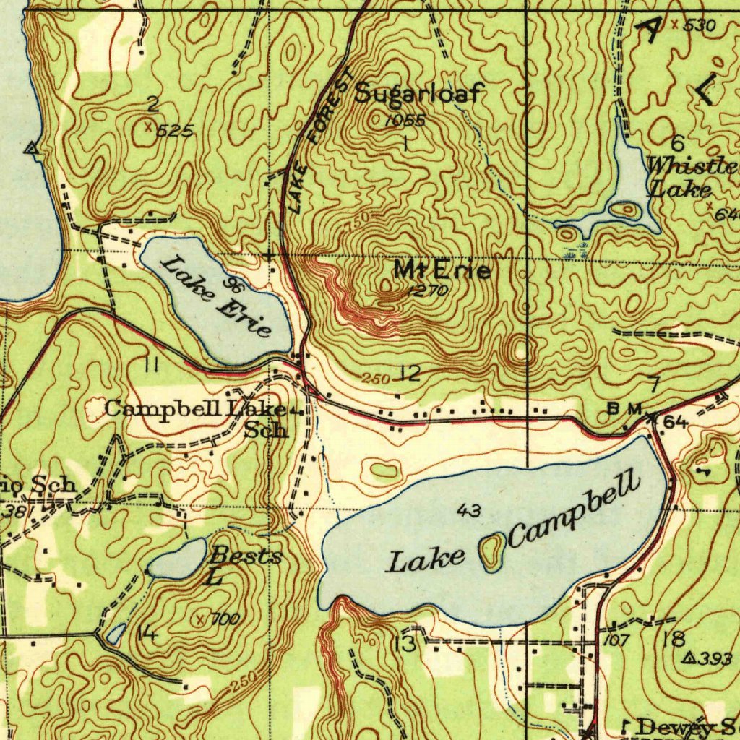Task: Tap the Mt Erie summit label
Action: coord(442,271)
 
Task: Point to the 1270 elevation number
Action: coord(428,291)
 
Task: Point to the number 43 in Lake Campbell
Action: coord(468,512)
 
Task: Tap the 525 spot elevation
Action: coord(174,131)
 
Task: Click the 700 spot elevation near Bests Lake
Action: coord(225,619)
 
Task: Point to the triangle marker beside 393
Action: coord(689,658)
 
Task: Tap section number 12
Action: coord(410,374)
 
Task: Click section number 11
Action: coord(151,365)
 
